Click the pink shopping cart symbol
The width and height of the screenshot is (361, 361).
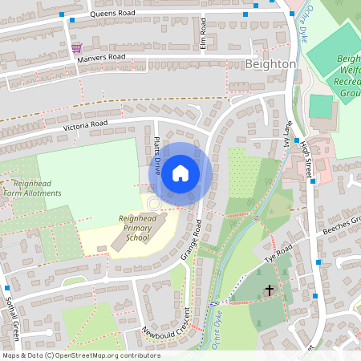pos(76,47)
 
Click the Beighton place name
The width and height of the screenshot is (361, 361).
pos(270,63)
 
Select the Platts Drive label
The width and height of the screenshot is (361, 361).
pos(156,155)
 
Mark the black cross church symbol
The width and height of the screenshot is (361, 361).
pos(269,290)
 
